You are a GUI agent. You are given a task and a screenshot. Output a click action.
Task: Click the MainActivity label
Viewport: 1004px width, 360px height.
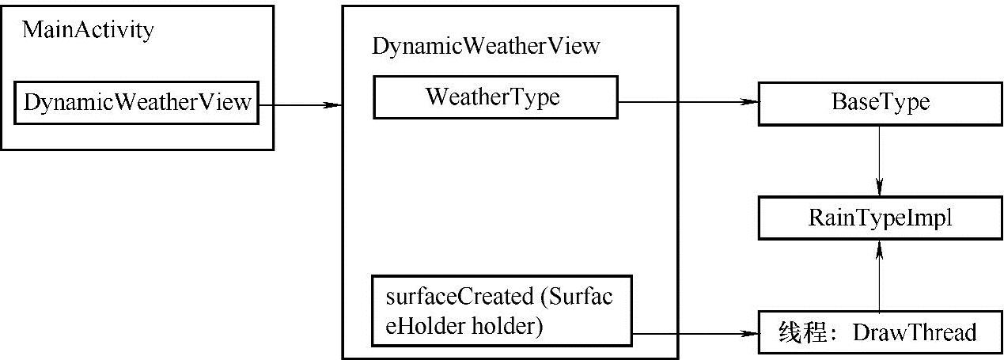88,31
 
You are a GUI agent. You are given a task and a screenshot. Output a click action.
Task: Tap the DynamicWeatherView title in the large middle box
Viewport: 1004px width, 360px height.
487,47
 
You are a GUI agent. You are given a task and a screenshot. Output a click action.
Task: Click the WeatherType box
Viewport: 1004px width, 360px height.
494,98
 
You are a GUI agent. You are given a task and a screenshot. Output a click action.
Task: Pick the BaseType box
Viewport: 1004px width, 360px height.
880,103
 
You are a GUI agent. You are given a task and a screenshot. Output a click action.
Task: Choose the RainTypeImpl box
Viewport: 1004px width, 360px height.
880,218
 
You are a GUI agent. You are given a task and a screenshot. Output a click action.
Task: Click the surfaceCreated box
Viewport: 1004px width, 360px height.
502,311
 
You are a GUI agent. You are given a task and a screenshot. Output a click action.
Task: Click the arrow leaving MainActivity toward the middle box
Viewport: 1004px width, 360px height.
301,104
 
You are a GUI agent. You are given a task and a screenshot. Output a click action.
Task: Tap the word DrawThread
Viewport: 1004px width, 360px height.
914,333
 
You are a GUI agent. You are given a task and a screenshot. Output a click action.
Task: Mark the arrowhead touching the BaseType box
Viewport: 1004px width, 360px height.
749,102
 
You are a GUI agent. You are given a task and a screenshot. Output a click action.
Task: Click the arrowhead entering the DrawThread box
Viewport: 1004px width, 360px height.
749,333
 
